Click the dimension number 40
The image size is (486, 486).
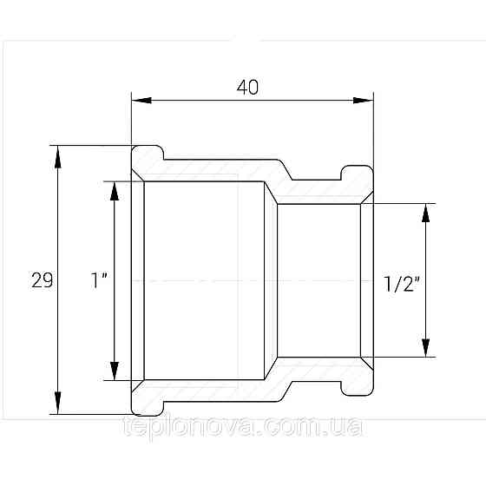247,88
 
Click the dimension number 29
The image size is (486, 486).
43,280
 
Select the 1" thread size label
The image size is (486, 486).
99,280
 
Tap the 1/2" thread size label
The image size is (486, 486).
402,284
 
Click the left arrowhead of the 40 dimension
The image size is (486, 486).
141,101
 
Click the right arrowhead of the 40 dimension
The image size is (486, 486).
364,101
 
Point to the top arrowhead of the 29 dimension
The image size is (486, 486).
57,157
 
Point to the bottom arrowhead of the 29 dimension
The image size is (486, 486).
57,403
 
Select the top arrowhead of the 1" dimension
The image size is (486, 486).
115,191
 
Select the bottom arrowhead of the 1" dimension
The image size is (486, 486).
115,371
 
